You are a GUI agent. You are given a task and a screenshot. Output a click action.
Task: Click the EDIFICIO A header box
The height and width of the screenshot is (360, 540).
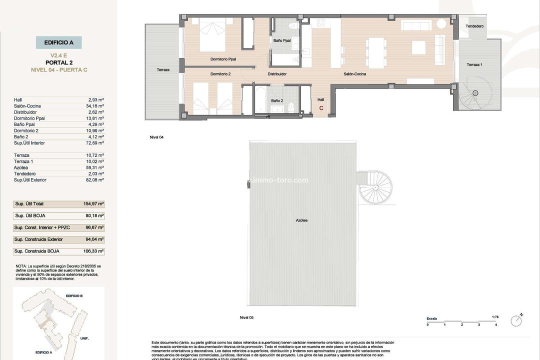click(58, 42)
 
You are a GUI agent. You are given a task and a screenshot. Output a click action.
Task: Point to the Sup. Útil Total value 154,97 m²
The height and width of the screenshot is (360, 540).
click(93, 204)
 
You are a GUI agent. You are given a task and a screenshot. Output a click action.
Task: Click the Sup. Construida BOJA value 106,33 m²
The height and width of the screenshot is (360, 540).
click(93, 251)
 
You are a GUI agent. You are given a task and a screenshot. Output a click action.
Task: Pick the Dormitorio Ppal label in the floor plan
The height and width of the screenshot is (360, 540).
click(223, 59)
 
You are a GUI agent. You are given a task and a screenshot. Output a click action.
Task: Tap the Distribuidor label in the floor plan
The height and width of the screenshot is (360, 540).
click(277, 74)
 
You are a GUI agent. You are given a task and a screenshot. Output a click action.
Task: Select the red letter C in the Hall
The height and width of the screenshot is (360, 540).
click(321, 108)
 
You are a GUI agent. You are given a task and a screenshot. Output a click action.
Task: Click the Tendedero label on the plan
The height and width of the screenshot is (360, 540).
click(474, 26)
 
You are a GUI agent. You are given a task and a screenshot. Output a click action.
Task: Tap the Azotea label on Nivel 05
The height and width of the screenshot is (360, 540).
click(301, 220)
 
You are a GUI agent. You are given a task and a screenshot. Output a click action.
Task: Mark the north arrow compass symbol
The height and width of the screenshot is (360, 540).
click(516, 320)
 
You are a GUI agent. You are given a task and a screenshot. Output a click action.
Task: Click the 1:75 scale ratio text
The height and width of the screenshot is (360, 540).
click(495, 316)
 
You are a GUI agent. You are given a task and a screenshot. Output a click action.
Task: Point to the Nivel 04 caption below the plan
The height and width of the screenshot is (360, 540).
click(156, 137)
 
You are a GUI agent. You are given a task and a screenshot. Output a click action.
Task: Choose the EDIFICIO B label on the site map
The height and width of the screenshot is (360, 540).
click(73, 296)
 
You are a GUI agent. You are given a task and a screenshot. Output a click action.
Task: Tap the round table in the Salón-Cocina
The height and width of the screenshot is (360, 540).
click(441, 23)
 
